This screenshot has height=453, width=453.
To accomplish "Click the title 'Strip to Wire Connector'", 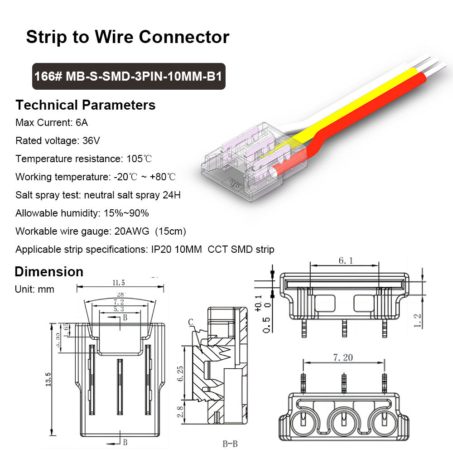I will (x=127, y=37).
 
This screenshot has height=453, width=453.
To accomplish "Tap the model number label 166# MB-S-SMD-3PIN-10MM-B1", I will (x=129, y=76).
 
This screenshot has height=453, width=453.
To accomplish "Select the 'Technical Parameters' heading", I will (x=86, y=105).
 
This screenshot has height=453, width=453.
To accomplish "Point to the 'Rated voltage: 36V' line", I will (x=58, y=140).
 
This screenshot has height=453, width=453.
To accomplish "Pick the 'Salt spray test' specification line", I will (x=98, y=195).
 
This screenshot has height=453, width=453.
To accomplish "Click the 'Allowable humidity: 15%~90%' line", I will (x=82, y=213).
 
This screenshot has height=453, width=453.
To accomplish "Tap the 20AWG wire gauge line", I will (x=101, y=231).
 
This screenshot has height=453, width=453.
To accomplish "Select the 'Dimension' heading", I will (x=49, y=271).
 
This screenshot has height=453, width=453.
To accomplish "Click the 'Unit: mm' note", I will (x=34, y=289).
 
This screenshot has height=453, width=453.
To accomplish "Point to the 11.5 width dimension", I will (x=120, y=283).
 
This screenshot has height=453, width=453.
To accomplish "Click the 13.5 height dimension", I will (x=48, y=377).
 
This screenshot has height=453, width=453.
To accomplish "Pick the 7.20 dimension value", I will (x=343, y=357).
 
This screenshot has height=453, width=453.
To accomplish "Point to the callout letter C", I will (x=191, y=322).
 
